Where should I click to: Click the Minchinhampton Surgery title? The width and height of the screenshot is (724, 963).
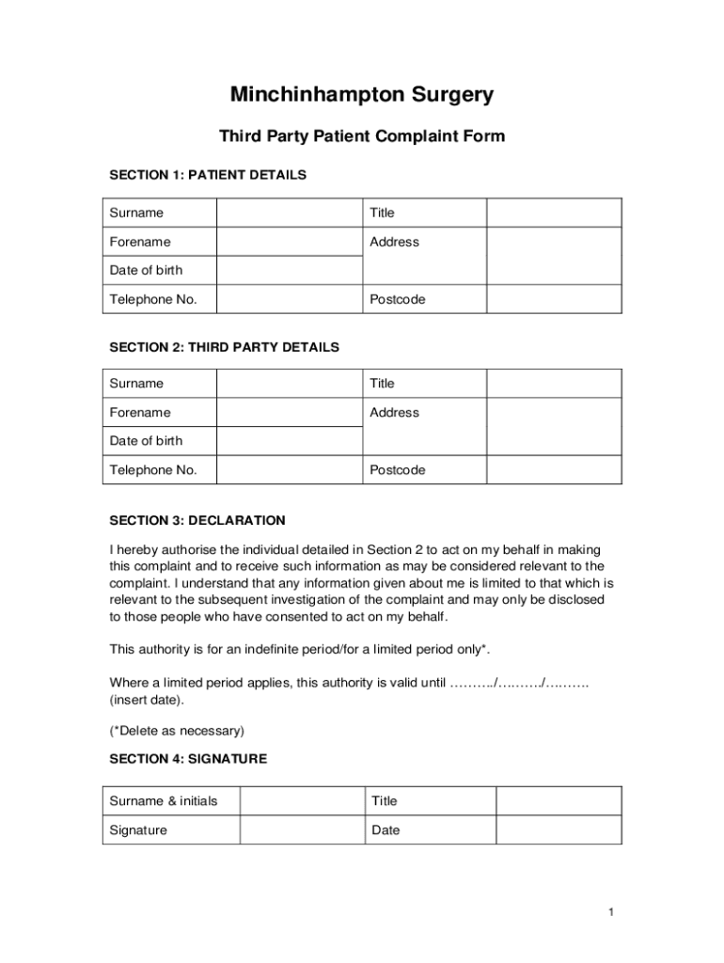[x=362, y=95]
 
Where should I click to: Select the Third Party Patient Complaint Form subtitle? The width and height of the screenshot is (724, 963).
[x=362, y=136]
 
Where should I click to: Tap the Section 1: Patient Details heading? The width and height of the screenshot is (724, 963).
[x=208, y=175]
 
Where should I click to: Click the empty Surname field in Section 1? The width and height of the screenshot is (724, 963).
[x=290, y=213]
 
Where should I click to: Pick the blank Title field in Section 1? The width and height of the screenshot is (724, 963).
[x=553, y=213]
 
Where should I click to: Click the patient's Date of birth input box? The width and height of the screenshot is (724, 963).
[x=290, y=270]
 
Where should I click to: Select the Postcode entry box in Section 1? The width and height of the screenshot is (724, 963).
[x=553, y=299]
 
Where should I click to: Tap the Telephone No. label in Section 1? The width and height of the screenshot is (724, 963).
[x=153, y=299]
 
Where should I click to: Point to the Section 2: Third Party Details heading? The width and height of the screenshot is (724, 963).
[x=224, y=347]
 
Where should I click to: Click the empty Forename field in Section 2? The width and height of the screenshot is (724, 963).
[x=290, y=412]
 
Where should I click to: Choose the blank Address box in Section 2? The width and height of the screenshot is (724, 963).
[x=553, y=426]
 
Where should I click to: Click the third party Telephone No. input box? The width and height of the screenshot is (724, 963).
[x=290, y=469]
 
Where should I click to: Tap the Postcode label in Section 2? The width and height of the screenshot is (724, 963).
[x=397, y=469]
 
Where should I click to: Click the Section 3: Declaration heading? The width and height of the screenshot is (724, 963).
[x=197, y=520]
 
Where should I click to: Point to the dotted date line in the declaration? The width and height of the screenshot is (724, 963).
[x=519, y=684]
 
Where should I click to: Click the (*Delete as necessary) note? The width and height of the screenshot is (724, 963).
[x=177, y=730]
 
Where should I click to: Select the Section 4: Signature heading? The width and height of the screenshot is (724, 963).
[x=188, y=759]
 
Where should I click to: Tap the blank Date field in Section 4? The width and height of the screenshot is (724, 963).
[x=559, y=829]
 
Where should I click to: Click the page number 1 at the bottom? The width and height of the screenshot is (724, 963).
[x=610, y=912]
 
